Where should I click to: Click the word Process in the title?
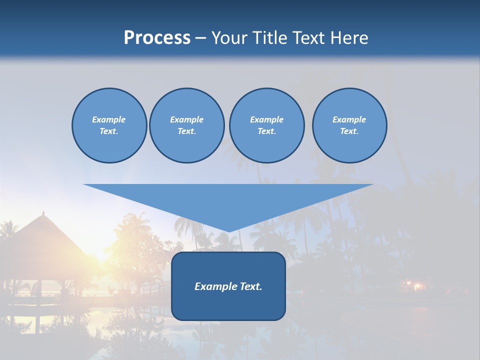(x=157, y=38)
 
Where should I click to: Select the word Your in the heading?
(x=230, y=38)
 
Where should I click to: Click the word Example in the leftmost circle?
(x=108, y=119)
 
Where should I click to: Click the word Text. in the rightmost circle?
(x=349, y=131)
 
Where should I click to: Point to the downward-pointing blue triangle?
(x=228, y=200)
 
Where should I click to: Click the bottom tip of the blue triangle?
(x=228, y=231)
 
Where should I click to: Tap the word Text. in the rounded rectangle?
(x=251, y=286)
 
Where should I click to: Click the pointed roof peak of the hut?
(x=43, y=213)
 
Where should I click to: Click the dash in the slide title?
(x=201, y=38)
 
